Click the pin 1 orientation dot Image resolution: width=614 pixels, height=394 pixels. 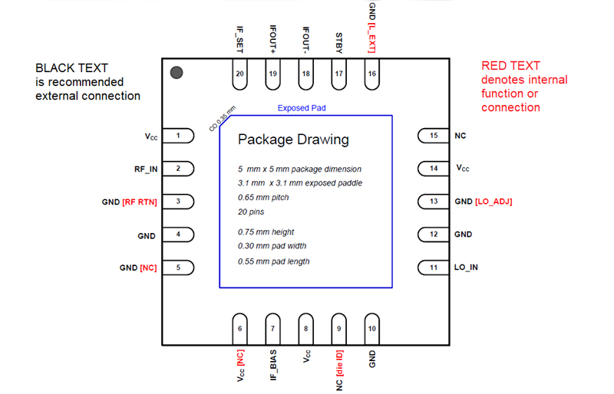177,73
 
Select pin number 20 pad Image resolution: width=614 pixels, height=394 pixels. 240,74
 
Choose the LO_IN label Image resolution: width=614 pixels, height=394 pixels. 467,268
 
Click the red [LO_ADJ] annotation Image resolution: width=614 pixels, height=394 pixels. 494,202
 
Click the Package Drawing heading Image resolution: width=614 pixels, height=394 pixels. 293,140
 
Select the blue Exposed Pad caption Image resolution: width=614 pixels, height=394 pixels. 302,108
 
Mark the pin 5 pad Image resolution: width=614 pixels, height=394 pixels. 179,268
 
